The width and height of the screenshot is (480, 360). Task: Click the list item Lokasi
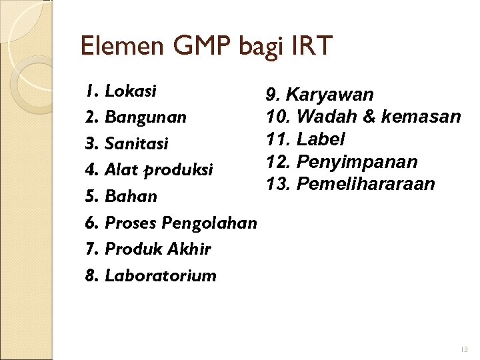point(131,90)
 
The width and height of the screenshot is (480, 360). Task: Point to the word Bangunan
point(145,117)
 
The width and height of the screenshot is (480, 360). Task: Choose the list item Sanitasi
point(137,143)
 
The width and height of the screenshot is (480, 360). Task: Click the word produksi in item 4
point(179,170)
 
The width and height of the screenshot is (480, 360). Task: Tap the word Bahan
point(131,196)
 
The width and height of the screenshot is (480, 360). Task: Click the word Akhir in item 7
point(191,249)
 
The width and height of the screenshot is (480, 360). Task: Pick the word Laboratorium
point(161,275)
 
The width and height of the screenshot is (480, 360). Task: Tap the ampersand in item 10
point(369,117)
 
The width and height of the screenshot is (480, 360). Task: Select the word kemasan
point(421,117)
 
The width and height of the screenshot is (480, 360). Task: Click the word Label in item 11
point(321,139)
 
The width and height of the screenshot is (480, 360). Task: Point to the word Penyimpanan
point(357,162)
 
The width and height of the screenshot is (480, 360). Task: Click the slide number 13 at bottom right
point(464,349)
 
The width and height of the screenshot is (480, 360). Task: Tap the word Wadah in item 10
point(326,117)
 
